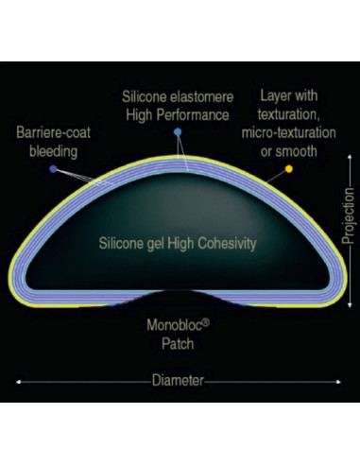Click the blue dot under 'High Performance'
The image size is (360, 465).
[178, 132]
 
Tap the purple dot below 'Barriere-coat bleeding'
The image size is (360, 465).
[54, 169]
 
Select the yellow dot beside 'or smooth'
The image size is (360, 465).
[289, 169]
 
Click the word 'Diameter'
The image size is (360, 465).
[178, 381]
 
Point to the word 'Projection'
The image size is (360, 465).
[348, 216]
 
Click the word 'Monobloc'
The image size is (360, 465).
[174, 325]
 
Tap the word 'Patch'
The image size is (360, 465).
[178, 344]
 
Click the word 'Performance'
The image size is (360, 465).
[193, 115]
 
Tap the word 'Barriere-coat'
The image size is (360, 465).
[53, 132]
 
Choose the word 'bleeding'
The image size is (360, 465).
[53, 151]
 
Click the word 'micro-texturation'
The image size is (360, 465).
[288, 132]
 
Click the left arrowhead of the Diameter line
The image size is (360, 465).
[18, 382]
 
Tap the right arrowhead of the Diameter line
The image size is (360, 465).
[338, 382]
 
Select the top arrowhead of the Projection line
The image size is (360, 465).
[350, 156]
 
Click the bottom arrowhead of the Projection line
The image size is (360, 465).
[350, 305]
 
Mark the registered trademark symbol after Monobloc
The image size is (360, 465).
[205, 322]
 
